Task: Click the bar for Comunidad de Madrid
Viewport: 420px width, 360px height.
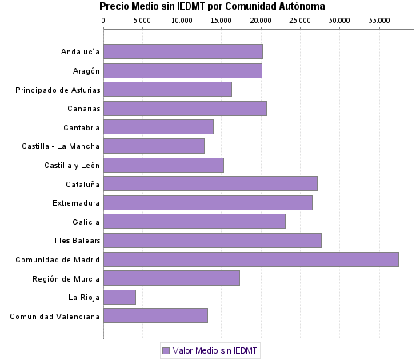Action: (x=250, y=259)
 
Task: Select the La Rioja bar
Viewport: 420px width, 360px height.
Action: (x=119, y=297)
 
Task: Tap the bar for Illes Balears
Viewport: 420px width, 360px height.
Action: (x=212, y=240)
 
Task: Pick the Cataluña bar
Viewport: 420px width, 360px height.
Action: (x=210, y=183)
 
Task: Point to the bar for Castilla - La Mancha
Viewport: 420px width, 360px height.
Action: (x=154, y=146)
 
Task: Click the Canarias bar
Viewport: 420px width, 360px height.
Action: (x=185, y=108)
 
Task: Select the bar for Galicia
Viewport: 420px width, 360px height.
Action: (x=194, y=222)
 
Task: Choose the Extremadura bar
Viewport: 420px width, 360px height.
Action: (x=208, y=202)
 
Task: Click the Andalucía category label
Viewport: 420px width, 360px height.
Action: (x=80, y=52)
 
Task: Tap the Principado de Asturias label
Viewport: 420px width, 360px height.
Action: (x=58, y=90)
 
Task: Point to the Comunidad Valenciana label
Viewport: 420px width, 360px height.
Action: (x=55, y=316)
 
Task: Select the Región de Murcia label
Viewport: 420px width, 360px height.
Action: (x=66, y=278)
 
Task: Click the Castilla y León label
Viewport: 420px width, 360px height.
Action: (x=72, y=165)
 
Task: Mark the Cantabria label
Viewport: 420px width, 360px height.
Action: (x=82, y=127)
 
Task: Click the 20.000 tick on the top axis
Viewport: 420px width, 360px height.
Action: (x=261, y=19)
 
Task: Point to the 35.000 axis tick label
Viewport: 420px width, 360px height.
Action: (x=378, y=19)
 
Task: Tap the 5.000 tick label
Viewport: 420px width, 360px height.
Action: (x=142, y=19)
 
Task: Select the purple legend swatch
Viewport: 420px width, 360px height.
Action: (x=166, y=350)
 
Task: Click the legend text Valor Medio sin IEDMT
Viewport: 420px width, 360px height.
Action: (x=215, y=350)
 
